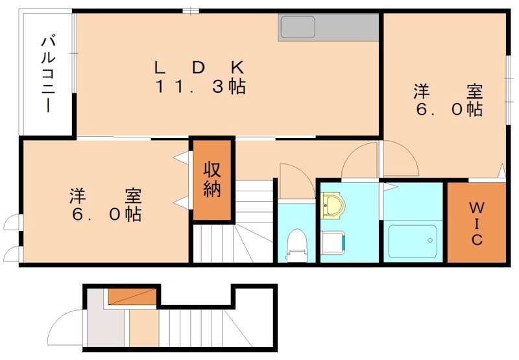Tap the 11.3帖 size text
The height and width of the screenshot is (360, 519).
(200, 87)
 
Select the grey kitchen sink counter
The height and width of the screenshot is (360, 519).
(328, 28)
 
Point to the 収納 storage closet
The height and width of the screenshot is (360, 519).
(212, 179)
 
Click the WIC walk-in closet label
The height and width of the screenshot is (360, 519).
(476, 224)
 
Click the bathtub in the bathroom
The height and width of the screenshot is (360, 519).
(413, 242)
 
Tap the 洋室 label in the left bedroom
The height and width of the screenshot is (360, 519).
(106, 195)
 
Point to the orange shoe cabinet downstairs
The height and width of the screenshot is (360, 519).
(132, 296)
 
